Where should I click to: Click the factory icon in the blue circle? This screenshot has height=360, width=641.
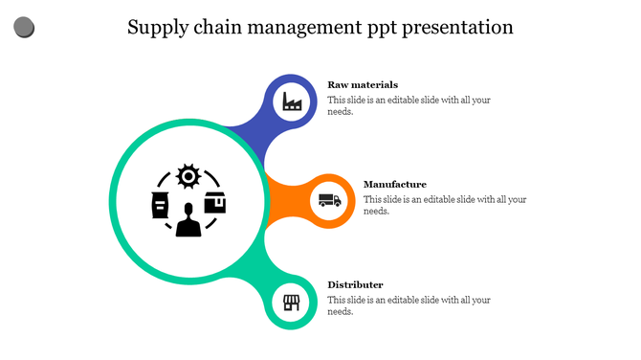pyautogui.click(x=293, y=101)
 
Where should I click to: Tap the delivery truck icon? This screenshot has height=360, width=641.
pyautogui.click(x=328, y=200)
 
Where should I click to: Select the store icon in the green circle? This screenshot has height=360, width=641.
pyautogui.click(x=292, y=304)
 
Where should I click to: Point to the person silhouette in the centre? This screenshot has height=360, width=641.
pyautogui.click(x=188, y=220)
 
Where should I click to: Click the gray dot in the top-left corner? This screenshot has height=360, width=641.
pyautogui.click(x=24, y=28)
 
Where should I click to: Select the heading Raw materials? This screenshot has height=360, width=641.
pyautogui.click(x=363, y=84)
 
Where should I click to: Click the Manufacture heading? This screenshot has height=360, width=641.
pyautogui.click(x=395, y=184)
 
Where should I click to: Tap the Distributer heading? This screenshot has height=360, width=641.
pyautogui.click(x=355, y=284)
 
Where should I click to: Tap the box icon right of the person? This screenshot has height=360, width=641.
pyautogui.click(x=216, y=203)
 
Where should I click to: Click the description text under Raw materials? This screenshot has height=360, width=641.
pyautogui.click(x=409, y=105)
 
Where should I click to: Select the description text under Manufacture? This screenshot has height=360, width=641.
pyautogui.click(x=445, y=205)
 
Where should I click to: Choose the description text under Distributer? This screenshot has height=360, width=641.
pyautogui.click(x=409, y=305)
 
